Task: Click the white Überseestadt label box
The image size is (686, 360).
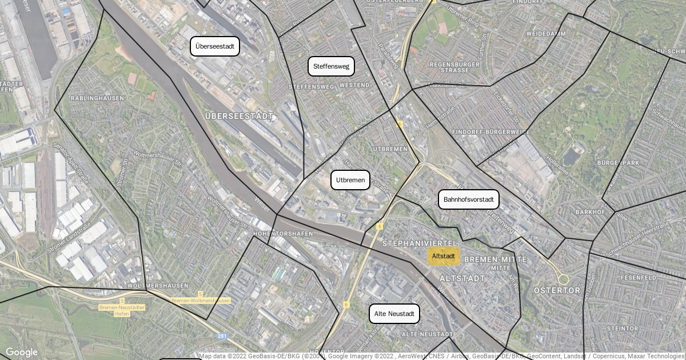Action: pyautogui.click(x=214, y=46)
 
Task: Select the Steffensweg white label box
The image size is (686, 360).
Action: pyautogui.click(x=331, y=66)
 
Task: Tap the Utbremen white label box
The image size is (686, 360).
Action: pyautogui.click(x=350, y=180)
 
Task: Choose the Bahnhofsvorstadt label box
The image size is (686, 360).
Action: pyautogui.click(x=468, y=199)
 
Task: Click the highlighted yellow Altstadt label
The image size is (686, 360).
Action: pyautogui.click(x=443, y=256)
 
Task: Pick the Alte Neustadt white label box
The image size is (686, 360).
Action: pyautogui.click(x=394, y=314)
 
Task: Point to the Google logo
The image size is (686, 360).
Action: pyautogui.click(x=22, y=352)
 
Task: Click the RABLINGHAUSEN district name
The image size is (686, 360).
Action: pyautogui.click(x=97, y=98)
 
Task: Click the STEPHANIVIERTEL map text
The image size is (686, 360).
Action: pyautogui.click(x=420, y=244)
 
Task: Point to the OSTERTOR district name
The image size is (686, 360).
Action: pyautogui.click(x=557, y=291)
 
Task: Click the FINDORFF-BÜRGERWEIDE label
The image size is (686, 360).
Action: pyautogui.click(x=490, y=132)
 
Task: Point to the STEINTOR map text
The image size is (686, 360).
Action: pyautogui.click(x=622, y=329)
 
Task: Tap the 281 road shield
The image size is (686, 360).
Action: pyautogui.click(x=222, y=336)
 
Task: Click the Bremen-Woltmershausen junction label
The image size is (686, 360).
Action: pyautogui.click(x=201, y=301)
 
